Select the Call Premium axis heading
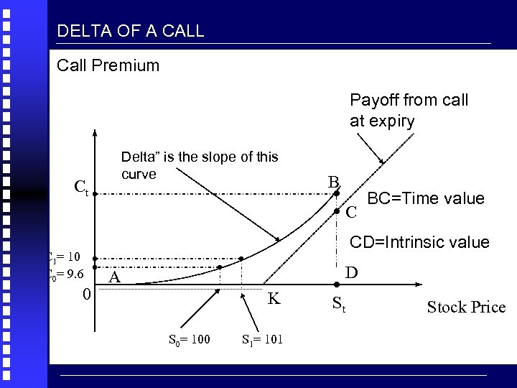pyautogui.click(x=108, y=66)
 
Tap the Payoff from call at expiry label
pyautogui.click(x=408, y=110)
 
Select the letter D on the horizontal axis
pyautogui.click(x=351, y=273)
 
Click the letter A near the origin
pyautogui.click(x=114, y=279)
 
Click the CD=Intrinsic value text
pyautogui.click(x=419, y=242)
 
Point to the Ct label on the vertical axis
pyautogui.click(x=81, y=190)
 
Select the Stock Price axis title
pyautogui.click(x=466, y=308)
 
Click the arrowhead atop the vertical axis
pyautogui.click(x=95, y=134)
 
